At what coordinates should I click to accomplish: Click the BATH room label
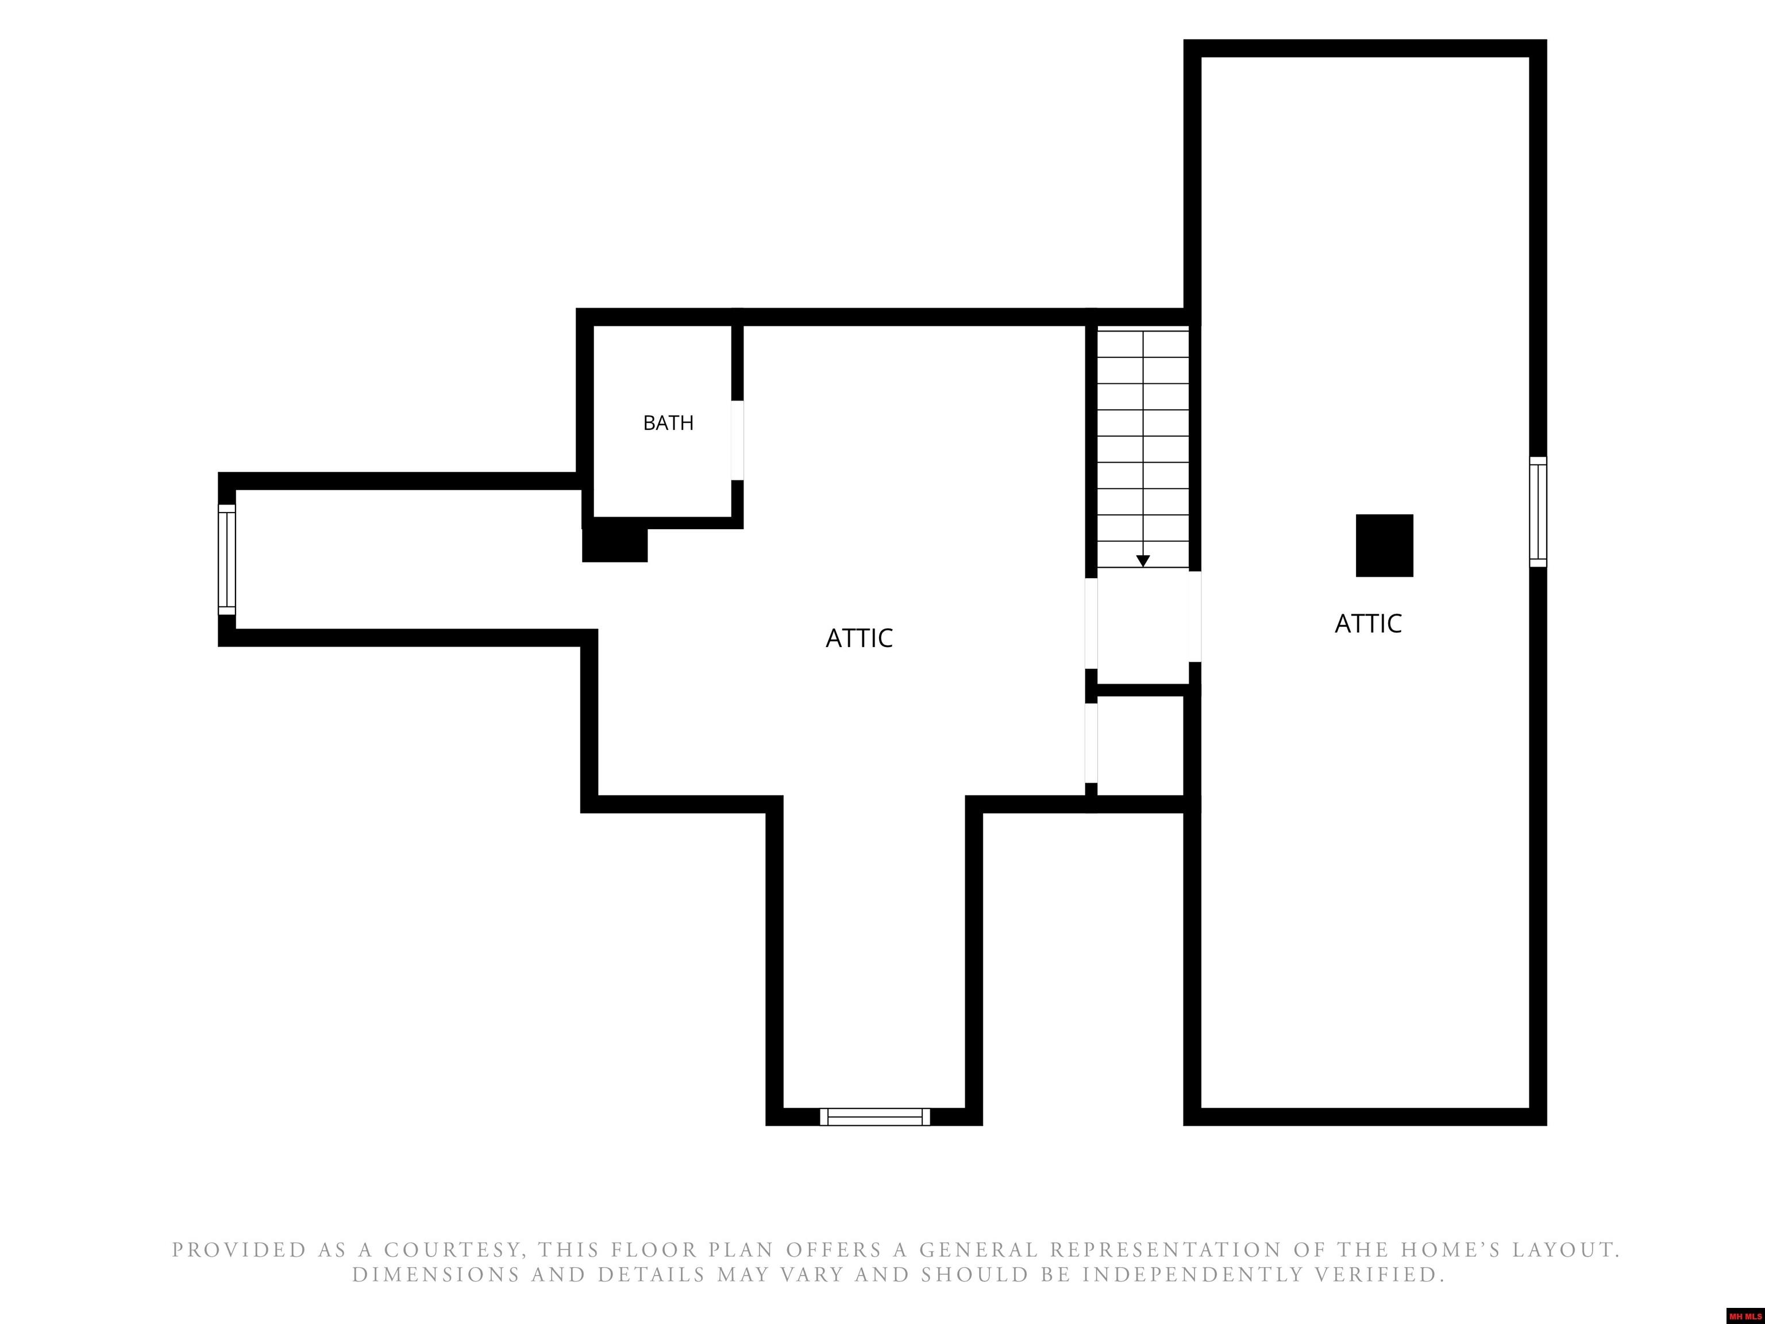pyautogui.click(x=668, y=423)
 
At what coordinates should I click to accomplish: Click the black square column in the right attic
pyautogui.click(x=1385, y=545)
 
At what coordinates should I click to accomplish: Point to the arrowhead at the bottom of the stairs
pyautogui.click(x=1143, y=561)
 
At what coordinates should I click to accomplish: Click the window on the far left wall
pyautogui.click(x=226, y=560)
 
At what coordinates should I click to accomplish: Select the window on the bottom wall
pyautogui.click(x=874, y=1117)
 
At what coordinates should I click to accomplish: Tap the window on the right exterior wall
pyautogui.click(x=1537, y=511)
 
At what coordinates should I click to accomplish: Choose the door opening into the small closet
pyautogui.click(x=1090, y=743)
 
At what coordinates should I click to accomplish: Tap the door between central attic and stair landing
pyautogui.click(x=1090, y=622)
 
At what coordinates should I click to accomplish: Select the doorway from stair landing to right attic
pyautogui.click(x=1194, y=616)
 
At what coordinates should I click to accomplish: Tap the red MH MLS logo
pyautogui.click(x=1745, y=1316)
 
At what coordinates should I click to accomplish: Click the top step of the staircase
pyautogui.click(x=1143, y=344)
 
